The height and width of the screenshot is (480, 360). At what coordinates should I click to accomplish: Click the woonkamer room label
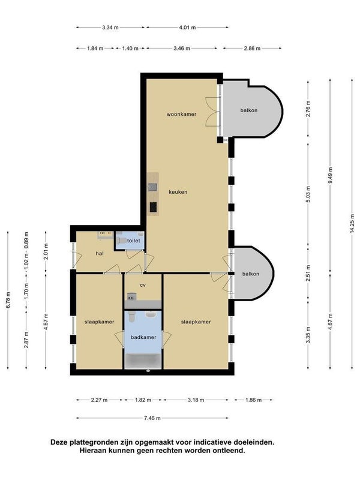pyautogui.click(x=181, y=114)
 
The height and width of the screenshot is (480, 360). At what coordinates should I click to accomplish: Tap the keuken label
pyautogui.click(x=178, y=192)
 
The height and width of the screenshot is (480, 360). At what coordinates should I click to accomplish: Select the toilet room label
pyautogui.click(x=133, y=241)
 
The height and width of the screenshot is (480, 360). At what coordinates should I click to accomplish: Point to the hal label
pyautogui.click(x=100, y=253)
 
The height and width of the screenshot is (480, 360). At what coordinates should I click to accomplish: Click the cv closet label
pyautogui.click(x=143, y=285)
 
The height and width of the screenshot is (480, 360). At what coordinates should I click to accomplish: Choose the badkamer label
pyautogui.click(x=143, y=337)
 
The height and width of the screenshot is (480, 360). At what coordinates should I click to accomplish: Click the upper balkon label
pyautogui.click(x=249, y=110)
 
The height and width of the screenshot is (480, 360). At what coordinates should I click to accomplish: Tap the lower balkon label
pyautogui.click(x=251, y=274)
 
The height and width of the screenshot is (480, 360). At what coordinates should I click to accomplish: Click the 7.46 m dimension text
pyautogui.click(x=152, y=418)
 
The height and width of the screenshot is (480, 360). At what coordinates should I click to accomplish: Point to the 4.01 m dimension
pyautogui.click(x=187, y=27)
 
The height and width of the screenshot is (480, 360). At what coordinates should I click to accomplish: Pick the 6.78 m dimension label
pyautogui.click(x=8, y=300)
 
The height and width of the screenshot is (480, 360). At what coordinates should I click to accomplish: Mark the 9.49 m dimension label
pyautogui.click(x=330, y=176)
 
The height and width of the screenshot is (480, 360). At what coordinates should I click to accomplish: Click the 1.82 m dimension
pyautogui.click(x=143, y=400)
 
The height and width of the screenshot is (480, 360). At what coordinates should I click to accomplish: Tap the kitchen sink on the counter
pyautogui.click(x=153, y=187)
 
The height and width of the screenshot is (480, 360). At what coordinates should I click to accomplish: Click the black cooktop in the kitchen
pyautogui.click(x=154, y=207)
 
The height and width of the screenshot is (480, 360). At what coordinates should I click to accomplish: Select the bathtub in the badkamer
pyautogui.click(x=143, y=361)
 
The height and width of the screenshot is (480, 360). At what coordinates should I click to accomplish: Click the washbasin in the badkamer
pyautogui.click(x=151, y=314)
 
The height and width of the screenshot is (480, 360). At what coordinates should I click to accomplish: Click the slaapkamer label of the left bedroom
pyautogui.click(x=99, y=322)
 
